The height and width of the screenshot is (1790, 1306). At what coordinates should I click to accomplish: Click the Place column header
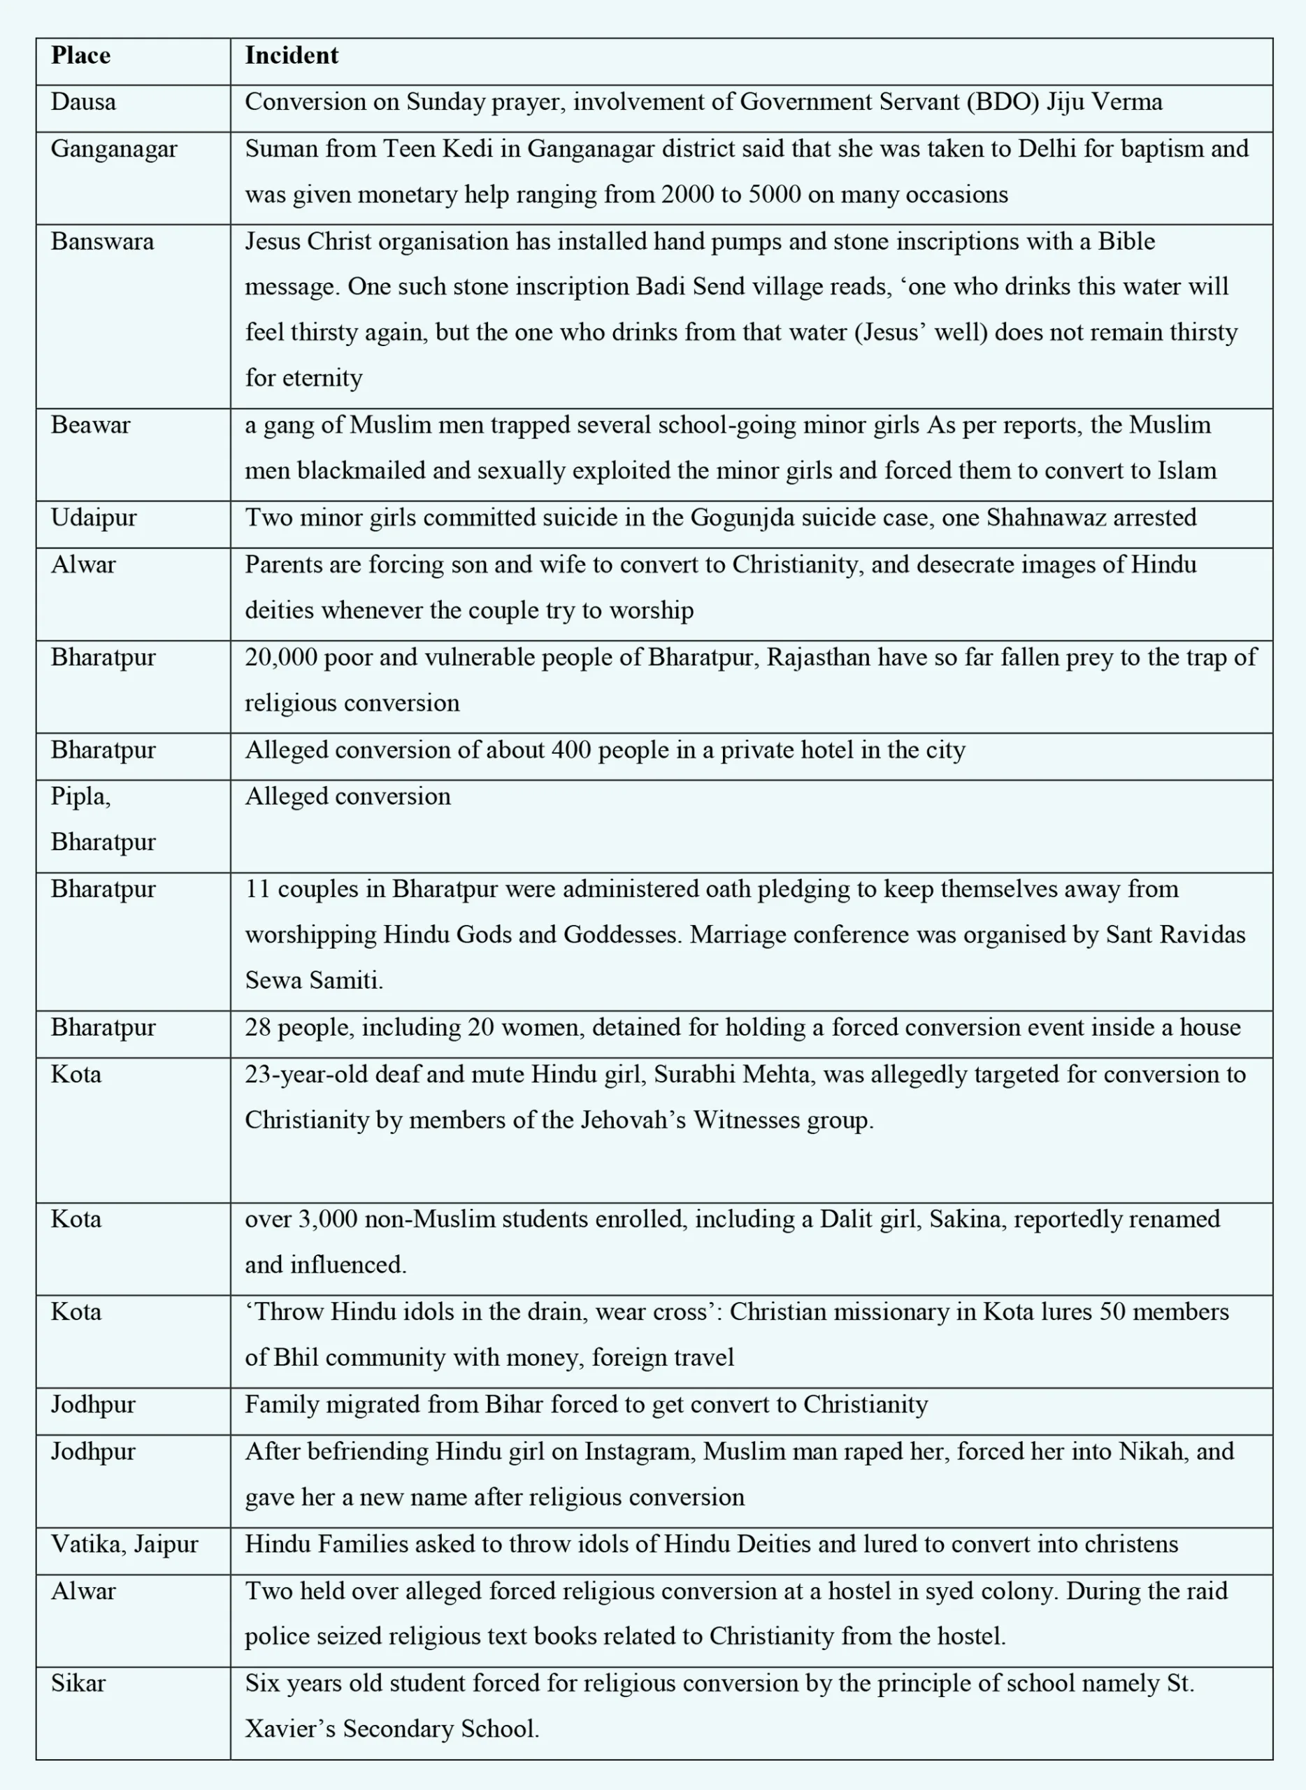(x=80, y=55)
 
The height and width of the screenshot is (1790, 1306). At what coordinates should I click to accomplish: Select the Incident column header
(x=291, y=55)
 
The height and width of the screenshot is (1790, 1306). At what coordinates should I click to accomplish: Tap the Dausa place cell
(x=83, y=102)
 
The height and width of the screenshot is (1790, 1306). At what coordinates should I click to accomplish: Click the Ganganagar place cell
(x=114, y=149)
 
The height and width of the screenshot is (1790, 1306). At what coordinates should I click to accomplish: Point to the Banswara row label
(x=102, y=241)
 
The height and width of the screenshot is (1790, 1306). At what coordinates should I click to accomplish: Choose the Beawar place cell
(x=90, y=424)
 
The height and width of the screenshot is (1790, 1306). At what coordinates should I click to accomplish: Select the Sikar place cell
(x=78, y=1682)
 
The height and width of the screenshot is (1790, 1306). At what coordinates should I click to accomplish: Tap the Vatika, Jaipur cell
(x=124, y=1543)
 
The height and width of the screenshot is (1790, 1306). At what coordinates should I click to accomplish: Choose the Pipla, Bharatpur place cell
(x=103, y=818)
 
